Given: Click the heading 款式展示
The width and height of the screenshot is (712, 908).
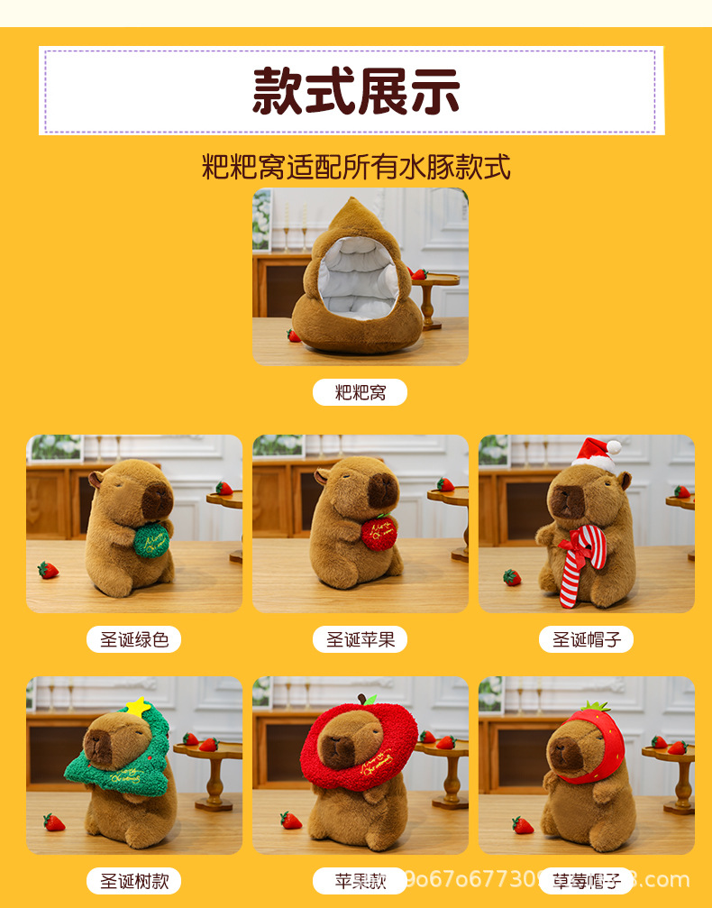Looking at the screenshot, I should click(x=356, y=90).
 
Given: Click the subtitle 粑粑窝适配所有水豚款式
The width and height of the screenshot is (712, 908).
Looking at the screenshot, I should click(x=356, y=167).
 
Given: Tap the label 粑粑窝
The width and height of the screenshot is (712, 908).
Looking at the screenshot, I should click(x=360, y=392).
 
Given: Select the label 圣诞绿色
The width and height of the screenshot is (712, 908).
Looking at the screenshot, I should click(x=134, y=639).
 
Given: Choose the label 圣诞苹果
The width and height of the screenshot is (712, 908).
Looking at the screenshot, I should click(x=361, y=639).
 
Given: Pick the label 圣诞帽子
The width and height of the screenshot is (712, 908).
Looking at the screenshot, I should click(x=587, y=639).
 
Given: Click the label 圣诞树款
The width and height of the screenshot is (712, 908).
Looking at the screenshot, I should click(x=134, y=880).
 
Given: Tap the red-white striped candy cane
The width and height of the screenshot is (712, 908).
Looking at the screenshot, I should click(x=577, y=564).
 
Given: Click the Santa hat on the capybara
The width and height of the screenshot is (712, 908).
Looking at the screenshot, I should click(x=595, y=453).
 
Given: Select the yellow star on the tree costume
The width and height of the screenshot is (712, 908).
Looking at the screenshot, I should click(x=137, y=707).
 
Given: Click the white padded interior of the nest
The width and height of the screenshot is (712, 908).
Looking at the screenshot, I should click(x=359, y=284).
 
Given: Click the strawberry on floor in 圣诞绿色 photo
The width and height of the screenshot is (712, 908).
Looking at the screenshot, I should click(x=48, y=570).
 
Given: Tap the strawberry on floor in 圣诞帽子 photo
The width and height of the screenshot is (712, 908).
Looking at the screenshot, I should click(x=512, y=577).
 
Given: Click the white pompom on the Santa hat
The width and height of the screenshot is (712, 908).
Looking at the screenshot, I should click(x=614, y=446).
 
